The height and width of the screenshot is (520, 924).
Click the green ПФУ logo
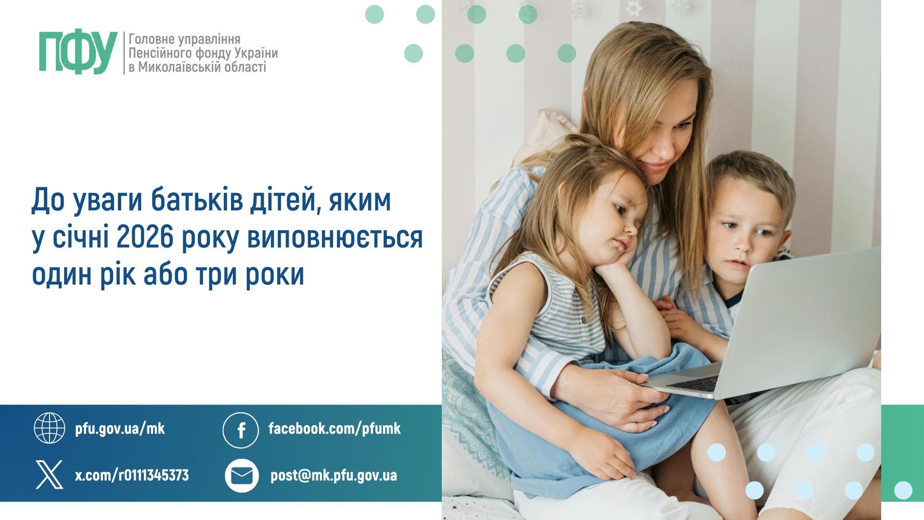pos(78,53)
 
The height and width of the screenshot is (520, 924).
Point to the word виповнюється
pos(335,238)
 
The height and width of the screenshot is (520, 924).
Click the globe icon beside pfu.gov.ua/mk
pos(49,428)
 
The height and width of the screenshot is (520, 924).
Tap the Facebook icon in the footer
pos(241,429)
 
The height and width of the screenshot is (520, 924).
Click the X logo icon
pos(49,474)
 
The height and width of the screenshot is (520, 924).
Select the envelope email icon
pos(242,476)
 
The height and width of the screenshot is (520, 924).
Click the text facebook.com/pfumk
pos(334,428)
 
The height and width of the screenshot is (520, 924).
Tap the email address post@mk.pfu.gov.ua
pos(334,476)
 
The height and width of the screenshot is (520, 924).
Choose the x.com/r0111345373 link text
pos(132,476)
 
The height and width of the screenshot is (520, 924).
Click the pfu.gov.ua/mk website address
pos(120,429)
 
